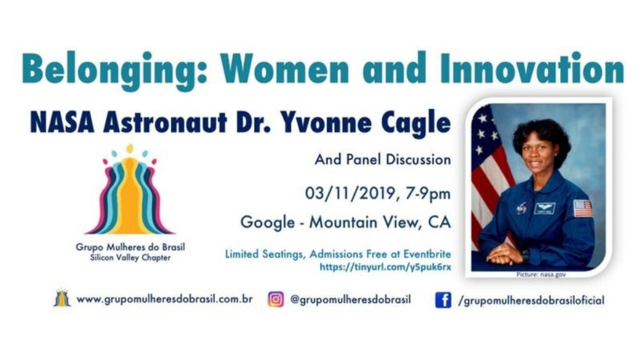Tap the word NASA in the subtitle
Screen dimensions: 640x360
pos(62,122)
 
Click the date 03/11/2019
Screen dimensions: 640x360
pos(351,193)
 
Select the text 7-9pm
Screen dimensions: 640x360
pos(428,194)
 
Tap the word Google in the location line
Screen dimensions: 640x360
pos(267,223)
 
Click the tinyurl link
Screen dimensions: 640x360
pos(385,267)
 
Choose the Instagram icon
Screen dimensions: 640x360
pos(276,299)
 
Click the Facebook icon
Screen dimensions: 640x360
pos(443,300)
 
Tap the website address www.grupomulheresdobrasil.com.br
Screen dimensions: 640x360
pos(164,299)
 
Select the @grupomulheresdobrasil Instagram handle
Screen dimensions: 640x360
pos(350,299)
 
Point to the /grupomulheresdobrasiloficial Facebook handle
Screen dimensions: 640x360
pos(531,301)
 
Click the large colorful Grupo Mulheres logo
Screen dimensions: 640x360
pos(130,189)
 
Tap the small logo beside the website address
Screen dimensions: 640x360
pos(62,297)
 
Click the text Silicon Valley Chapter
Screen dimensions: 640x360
pos(130,258)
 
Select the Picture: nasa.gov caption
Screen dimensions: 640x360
pos(541,275)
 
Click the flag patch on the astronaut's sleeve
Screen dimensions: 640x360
pos(582,208)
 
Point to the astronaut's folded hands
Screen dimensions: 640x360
pos(505,255)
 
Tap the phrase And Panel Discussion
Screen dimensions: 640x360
pos(382,159)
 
